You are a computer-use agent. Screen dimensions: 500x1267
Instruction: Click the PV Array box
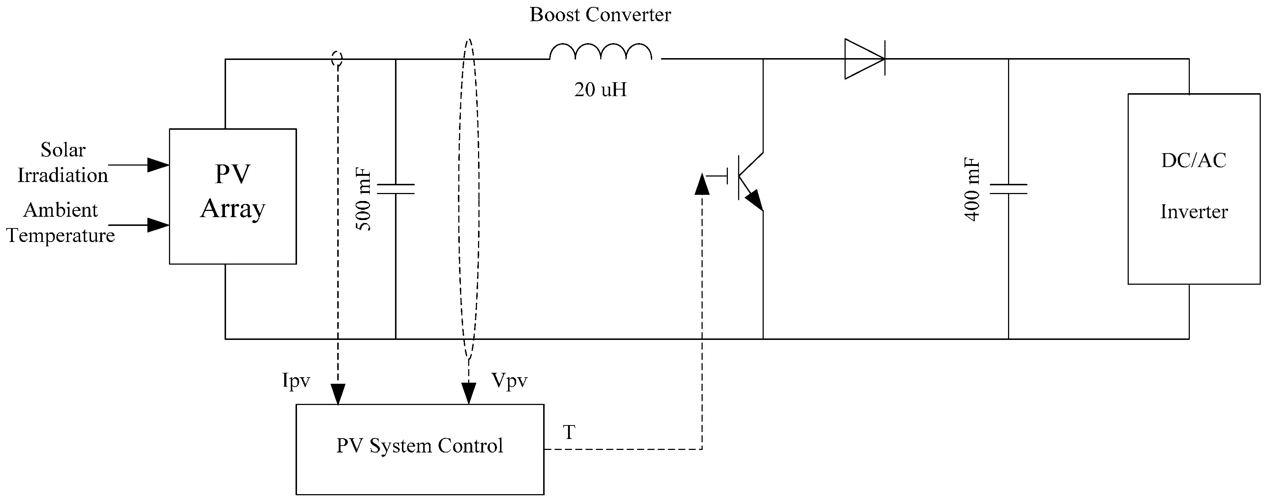[233, 196]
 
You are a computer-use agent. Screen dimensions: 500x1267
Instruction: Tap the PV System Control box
[420, 449]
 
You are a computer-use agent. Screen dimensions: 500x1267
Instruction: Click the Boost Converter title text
[600, 15]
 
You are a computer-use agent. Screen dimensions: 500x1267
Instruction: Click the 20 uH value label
[601, 90]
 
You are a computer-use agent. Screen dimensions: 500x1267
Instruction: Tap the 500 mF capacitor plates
[395, 189]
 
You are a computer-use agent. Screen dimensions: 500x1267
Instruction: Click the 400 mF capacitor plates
[1008, 189]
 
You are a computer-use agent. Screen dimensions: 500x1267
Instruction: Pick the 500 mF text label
[364, 200]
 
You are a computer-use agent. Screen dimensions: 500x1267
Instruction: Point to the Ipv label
[296, 380]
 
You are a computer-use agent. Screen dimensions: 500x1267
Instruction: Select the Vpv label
[509, 380]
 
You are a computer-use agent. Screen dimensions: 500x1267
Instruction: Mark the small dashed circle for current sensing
[337, 58]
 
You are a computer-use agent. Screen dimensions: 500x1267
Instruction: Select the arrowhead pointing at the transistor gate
[702, 184]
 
